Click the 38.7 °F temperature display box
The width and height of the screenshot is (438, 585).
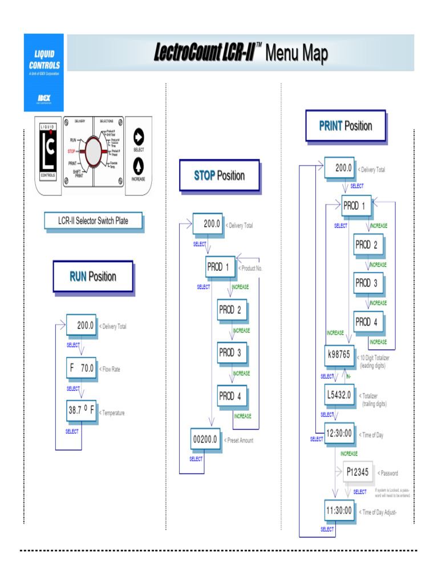[81, 410]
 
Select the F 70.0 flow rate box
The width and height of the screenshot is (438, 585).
[81, 368]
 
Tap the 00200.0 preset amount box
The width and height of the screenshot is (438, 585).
[205, 439]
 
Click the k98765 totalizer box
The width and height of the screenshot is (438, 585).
[339, 354]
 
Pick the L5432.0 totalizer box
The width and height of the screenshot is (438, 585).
[339, 394]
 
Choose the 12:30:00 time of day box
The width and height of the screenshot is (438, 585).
[339, 434]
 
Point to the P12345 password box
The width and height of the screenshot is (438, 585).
[358, 472]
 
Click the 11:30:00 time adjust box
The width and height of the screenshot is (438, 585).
[339, 510]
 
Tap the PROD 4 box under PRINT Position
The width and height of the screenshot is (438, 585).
[367, 322]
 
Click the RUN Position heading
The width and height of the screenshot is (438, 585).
[93, 277]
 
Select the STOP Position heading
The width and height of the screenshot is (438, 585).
[219, 175]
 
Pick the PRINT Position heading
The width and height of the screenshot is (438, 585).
[345, 126]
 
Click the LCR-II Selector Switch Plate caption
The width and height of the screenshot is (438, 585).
[94, 221]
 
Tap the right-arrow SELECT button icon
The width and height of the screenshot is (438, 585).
[138, 137]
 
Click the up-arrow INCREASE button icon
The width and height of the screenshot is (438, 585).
[138, 165]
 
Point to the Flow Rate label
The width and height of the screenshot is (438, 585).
[111, 369]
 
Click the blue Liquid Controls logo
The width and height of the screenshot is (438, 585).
[44, 72]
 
